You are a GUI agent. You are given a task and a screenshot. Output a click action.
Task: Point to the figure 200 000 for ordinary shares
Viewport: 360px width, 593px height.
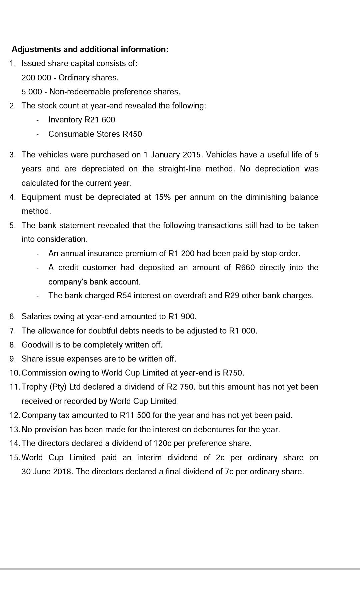36,78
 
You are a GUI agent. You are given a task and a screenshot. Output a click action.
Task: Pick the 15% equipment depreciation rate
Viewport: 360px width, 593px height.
163,197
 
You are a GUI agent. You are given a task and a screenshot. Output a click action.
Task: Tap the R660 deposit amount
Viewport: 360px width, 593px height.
245,267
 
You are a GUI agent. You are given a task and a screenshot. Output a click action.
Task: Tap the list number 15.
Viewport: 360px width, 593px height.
15,458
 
